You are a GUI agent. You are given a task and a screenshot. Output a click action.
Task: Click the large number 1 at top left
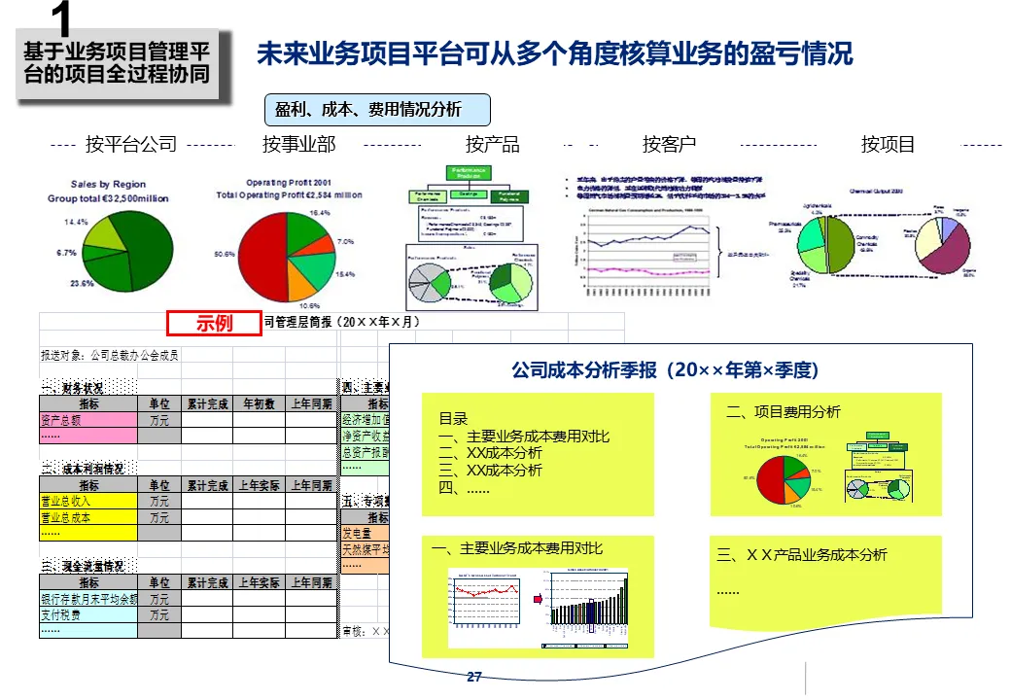60,19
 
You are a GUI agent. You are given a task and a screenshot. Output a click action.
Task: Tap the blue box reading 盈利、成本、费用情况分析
378,110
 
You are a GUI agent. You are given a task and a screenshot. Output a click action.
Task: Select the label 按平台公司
131,145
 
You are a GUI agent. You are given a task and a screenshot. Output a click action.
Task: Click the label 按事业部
298,145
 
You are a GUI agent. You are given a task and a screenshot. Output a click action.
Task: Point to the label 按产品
492,145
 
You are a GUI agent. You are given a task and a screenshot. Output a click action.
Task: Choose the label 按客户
669,145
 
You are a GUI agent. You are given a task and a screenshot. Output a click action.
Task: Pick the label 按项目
888,145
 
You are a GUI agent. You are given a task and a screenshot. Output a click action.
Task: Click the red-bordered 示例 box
214,323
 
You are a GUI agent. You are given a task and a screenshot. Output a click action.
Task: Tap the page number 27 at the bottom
474,677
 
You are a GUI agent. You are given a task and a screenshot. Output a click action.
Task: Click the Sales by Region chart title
109,184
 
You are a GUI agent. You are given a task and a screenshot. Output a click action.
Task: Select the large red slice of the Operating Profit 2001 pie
264,253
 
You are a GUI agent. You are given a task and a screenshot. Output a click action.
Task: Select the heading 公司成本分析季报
665,370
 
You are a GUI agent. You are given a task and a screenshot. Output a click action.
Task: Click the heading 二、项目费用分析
784,412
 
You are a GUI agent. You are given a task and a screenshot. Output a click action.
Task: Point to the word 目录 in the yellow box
453,419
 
